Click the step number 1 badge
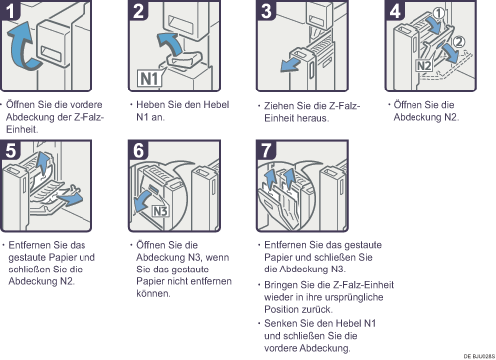(11, 10)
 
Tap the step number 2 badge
(138, 10)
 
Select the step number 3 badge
(266, 10)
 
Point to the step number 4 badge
(395, 10)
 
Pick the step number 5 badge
(11, 150)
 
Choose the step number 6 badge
(138, 150)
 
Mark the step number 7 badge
(266, 150)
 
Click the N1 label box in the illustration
(150, 79)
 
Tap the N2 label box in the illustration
(424, 66)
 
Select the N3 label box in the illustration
(160, 211)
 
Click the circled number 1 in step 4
(439, 13)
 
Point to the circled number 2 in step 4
(459, 42)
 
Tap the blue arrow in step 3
(290, 65)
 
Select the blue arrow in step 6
(145, 201)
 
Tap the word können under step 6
(153, 293)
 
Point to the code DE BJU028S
(479, 356)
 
